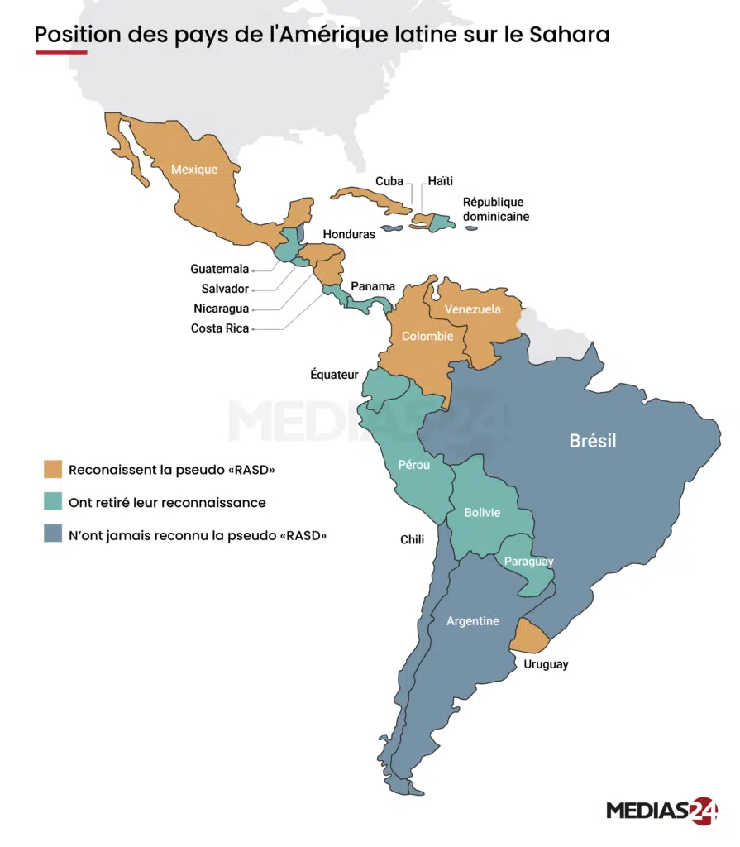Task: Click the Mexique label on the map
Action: click(x=194, y=170)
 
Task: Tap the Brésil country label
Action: click(x=592, y=441)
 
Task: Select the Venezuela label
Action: click(x=472, y=309)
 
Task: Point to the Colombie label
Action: click(x=427, y=336)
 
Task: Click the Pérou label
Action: click(x=413, y=465)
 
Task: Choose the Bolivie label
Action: click(x=482, y=512)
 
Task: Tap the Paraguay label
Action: click(x=530, y=562)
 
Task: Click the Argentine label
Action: click(x=472, y=620)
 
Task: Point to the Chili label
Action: click(x=412, y=539)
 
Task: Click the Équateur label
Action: click(x=334, y=374)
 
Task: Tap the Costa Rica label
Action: click(x=219, y=328)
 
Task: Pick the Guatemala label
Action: click(x=219, y=269)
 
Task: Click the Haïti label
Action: click(x=440, y=181)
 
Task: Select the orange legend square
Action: click(x=53, y=470)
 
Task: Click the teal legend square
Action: click(x=53, y=502)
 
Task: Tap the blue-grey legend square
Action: click(x=53, y=534)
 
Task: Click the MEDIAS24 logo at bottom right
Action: click(x=661, y=810)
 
